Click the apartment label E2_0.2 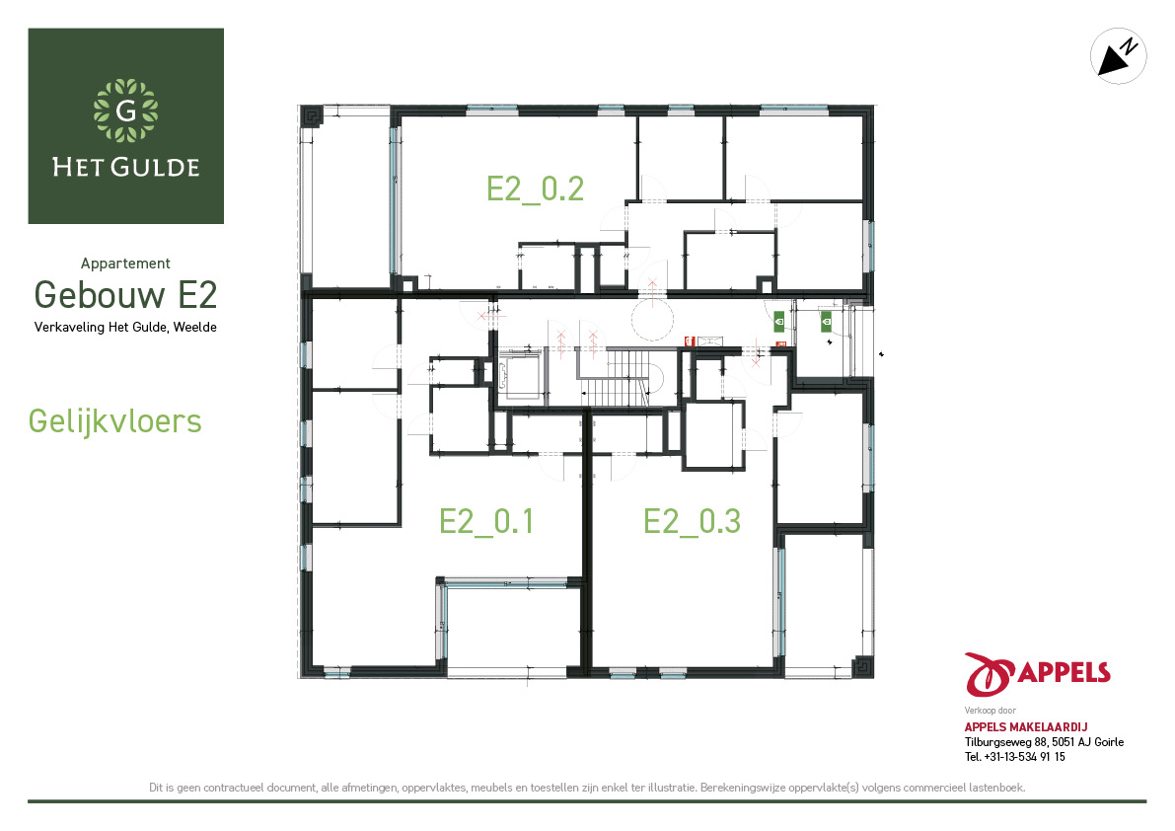pyautogui.click(x=535, y=189)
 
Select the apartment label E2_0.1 pyautogui.click(x=486, y=521)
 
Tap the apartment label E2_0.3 pyautogui.click(x=692, y=521)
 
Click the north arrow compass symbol pyautogui.click(x=1118, y=56)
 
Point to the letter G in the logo pyautogui.click(x=126, y=111)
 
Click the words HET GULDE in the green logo pyautogui.click(x=126, y=167)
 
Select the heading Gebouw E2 pyautogui.click(x=126, y=294)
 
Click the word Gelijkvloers pyautogui.click(x=114, y=421)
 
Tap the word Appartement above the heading pyautogui.click(x=125, y=263)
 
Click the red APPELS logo pyautogui.click(x=1037, y=674)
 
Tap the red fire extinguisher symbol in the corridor pyautogui.click(x=690, y=341)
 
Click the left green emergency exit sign pyautogui.click(x=779, y=322)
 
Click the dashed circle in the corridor pyautogui.click(x=652, y=320)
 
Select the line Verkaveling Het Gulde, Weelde pyautogui.click(x=125, y=328)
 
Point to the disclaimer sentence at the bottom pyautogui.click(x=588, y=788)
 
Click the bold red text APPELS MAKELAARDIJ pyautogui.click(x=1026, y=726)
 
